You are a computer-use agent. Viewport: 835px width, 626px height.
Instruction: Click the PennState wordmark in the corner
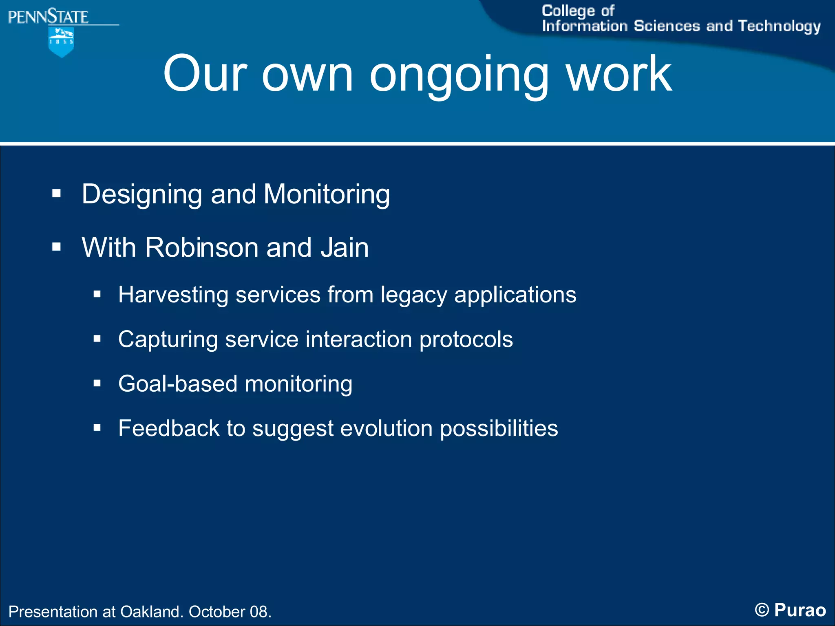click(48, 17)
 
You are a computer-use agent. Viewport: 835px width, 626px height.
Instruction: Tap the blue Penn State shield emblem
click(61, 42)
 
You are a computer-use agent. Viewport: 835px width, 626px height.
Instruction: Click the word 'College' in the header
click(568, 11)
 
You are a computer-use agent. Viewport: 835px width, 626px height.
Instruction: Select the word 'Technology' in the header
click(779, 26)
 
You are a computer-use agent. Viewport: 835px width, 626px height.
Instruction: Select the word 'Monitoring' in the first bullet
click(327, 194)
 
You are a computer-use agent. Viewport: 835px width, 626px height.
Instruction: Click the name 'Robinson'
click(201, 247)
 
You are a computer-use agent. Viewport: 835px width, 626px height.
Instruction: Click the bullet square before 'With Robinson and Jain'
click(56, 247)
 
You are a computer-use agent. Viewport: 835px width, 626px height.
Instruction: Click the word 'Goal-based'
click(178, 384)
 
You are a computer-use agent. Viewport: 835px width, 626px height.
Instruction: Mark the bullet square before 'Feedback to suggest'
click(97, 428)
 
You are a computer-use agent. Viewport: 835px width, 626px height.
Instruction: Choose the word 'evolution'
click(386, 428)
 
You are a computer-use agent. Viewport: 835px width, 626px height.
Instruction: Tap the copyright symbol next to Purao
click(762, 610)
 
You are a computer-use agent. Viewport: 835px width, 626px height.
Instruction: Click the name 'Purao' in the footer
click(800, 610)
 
